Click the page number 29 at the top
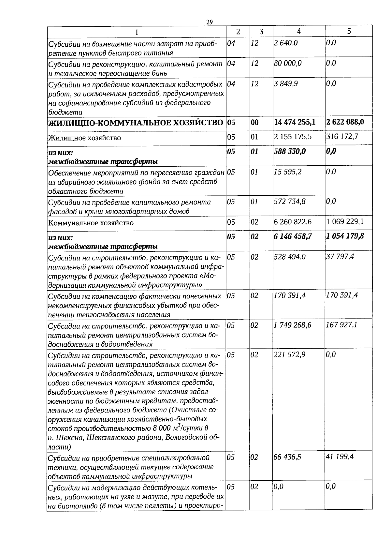[x=209, y=22]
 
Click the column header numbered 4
[x=298, y=31]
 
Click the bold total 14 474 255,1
[x=295, y=122]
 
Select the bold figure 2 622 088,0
[x=345, y=122]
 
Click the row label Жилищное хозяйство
[x=85, y=138]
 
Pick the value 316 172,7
[x=342, y=137]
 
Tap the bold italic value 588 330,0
[x=290, y=151]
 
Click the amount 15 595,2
[x=288, y=172]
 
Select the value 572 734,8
[x=290, y=202]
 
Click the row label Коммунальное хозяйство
[x=91, y=223]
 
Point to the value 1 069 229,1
[x=345, y=222]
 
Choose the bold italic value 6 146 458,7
[x=293, y=236]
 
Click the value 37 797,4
[x=340, y=257]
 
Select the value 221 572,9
[x=290, y=354]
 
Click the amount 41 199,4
[x=340, y=457]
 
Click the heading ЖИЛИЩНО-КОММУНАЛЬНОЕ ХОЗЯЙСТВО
[x=136, y=123]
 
